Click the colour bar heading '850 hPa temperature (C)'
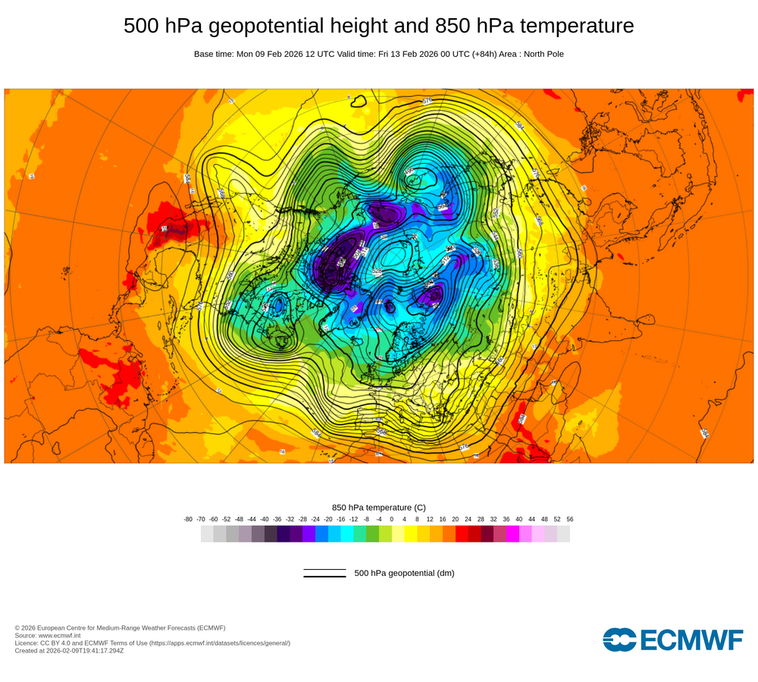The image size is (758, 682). (379, 507)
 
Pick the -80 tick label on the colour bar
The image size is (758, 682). (188, 519)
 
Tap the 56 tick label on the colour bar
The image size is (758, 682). (570, 519)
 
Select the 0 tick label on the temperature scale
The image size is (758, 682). (392, 519)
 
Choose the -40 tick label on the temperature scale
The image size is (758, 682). (265, 519)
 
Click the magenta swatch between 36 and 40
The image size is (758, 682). (512, 533)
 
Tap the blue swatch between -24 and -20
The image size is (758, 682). (321, 533)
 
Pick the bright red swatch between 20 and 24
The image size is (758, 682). (462, 533)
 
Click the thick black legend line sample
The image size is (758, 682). (324, 576)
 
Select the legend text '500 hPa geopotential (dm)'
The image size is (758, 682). (404, 573)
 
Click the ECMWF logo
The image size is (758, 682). (673, 639)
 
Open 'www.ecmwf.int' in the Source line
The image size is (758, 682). (61, 635)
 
